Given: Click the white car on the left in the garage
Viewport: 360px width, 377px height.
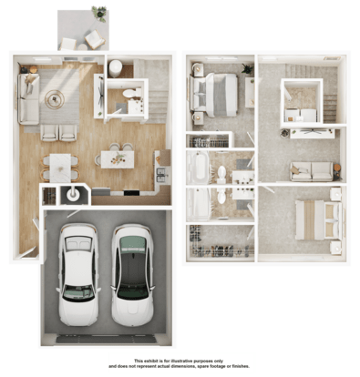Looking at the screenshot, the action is [x=78, y=275].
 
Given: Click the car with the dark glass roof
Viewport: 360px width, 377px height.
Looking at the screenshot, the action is [x=132, y=275].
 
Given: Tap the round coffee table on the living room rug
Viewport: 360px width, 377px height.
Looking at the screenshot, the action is [x=55, y=99].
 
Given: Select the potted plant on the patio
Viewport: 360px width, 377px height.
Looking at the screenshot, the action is [x=99, y=13].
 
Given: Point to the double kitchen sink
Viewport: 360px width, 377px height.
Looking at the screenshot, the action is [x=160, y=175].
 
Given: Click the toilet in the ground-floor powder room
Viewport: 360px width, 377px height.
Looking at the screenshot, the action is [x=131, y=93].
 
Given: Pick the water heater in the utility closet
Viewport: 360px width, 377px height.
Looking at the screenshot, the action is [x=73, y=195].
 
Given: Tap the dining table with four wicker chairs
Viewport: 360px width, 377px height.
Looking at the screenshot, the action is [x=60, y=168].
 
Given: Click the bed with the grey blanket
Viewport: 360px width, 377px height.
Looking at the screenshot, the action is [x=214, y=95].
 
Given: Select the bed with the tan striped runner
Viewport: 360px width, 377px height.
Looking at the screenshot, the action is [x=319, y=220].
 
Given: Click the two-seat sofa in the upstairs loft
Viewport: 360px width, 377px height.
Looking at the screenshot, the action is [x=312, y=172].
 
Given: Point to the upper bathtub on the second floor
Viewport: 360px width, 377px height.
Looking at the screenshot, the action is [x=198, y=168].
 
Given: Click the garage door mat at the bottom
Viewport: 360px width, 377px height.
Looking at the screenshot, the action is [x=106, y=339].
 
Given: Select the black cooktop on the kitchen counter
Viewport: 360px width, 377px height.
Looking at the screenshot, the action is [x=131, y=193].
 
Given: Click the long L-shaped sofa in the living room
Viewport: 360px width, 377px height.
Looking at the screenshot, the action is [x=28, y=99].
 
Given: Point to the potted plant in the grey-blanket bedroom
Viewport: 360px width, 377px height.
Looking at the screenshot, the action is [x=247, y=69].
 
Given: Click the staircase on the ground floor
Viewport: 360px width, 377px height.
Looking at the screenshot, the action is [x=155, y=91].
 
